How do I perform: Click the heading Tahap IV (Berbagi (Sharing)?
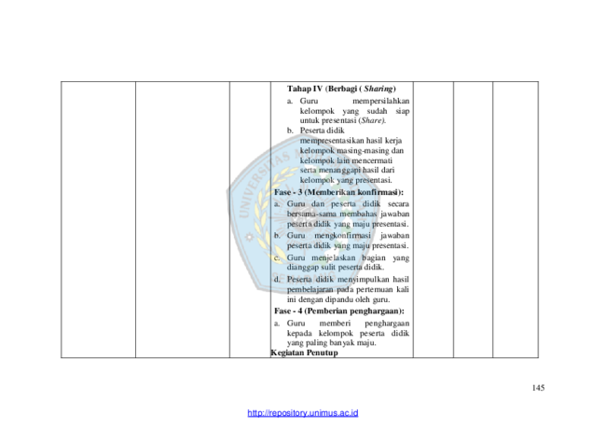(x=341, y=89)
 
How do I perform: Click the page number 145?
(x=538, y=388)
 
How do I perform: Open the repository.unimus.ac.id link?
(x=303, y=413)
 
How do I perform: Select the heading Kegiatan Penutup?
(x=305, y=352)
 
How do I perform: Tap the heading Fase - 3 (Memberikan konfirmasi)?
(x=338, y=192)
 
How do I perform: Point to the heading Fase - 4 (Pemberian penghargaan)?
(x=339, y=311)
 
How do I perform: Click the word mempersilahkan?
(x=380, y=101)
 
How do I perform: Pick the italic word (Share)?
(x=372, y=120)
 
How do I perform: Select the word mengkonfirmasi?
(x=342, y=236)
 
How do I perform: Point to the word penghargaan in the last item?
(x=387, y=324)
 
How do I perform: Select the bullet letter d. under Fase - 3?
(x=277, y=279)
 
